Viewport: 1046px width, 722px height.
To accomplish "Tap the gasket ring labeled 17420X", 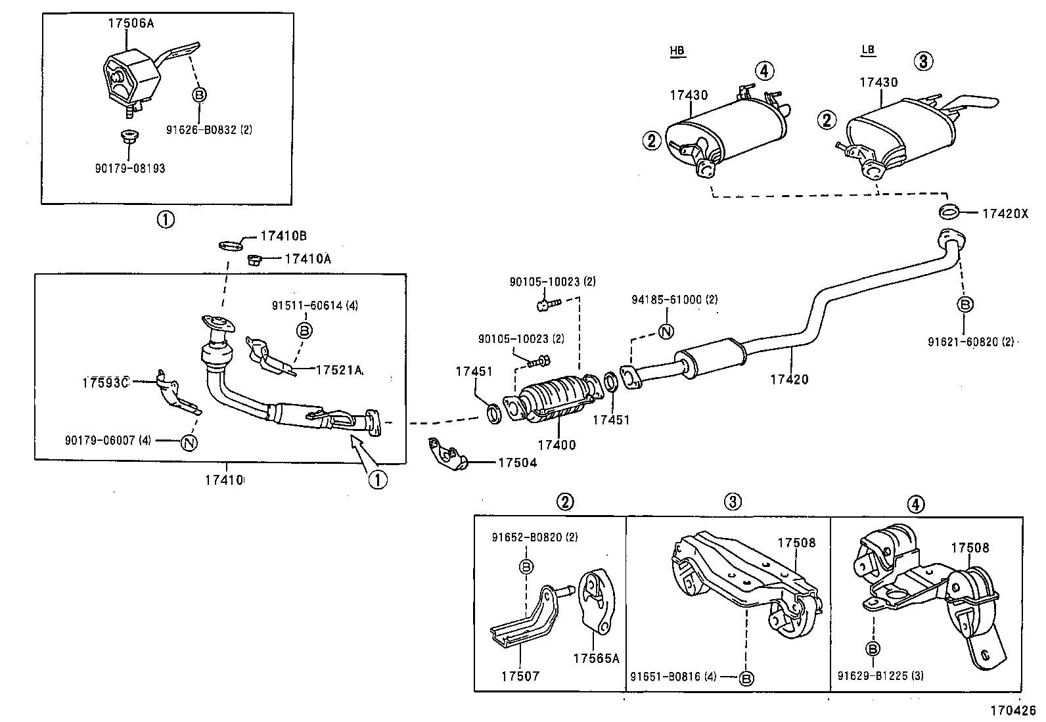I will tap(948, 212).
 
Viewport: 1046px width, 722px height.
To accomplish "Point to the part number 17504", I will tap(517, 463).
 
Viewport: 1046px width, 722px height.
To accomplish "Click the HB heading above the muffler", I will tap(677, 51).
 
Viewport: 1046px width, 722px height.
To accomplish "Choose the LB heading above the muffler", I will tap(868, 50).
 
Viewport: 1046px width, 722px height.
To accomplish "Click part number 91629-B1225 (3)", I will tap(880, 675).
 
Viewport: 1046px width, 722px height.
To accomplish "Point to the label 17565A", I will tap(595, 659).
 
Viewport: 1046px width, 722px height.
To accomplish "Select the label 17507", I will tap(519, 675).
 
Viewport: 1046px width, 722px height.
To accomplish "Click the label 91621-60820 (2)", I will tap(970, 342).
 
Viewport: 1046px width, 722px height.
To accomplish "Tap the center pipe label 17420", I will tap(789, 379).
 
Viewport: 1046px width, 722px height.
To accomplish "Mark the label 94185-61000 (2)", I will tap(674, 300).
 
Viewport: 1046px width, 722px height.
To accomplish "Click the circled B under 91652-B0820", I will tap(526, 566).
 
